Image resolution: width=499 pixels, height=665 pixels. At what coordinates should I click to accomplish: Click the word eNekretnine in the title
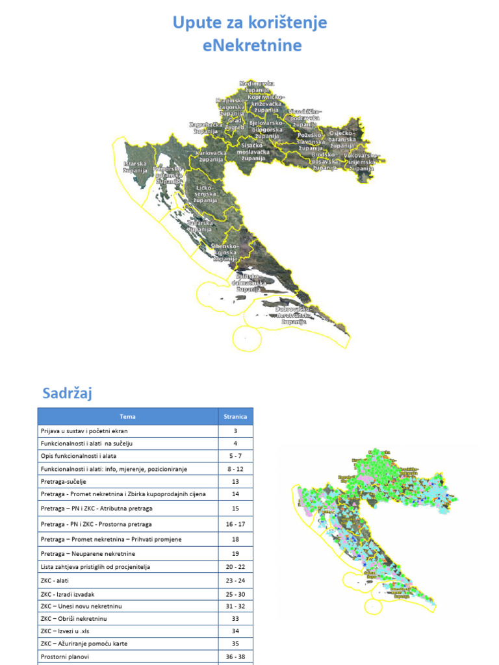(249, 45)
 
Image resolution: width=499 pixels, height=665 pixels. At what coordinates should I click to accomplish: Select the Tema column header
(128, 416)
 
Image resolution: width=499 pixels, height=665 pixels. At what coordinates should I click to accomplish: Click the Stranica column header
(235, 416)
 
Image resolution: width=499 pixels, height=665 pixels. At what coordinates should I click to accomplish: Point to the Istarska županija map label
(135, 167)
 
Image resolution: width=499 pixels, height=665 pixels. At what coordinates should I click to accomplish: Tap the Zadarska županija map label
(199, 226)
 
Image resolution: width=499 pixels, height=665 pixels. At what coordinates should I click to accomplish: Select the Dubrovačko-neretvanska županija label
(294, 315)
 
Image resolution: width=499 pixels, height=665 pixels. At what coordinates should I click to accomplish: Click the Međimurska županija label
(257, 87)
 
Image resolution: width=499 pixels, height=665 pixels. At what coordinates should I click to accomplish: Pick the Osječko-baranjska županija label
(342, 139)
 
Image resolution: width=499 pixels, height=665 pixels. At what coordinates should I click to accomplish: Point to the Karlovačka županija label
(211, 156)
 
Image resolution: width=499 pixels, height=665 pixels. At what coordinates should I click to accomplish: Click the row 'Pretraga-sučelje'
(63, 482)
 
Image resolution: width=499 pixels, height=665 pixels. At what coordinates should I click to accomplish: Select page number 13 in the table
(235, 482)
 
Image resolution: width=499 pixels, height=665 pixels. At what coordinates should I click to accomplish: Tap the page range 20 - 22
(235, 567)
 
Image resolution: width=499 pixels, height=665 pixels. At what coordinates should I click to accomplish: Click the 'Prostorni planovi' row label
(66, 657)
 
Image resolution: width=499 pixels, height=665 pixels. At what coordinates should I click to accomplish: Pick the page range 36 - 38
(235, 657)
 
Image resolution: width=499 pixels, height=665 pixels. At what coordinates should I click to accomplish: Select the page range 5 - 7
(235, 456)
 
